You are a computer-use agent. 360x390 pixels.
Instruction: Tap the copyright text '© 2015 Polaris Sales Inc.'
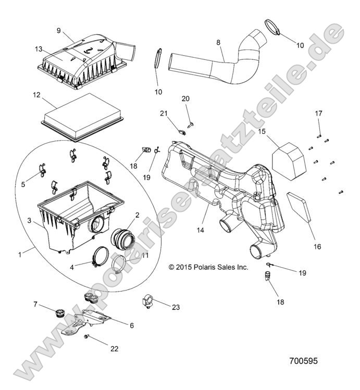[x=208, y=267]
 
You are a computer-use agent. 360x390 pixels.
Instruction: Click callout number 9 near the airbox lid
[x=59, y=30]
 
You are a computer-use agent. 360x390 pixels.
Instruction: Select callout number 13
[x=39, y=49]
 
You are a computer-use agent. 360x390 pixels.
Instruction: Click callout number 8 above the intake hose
[x=219, y=42]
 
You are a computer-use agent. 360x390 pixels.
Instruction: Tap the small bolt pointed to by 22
[x=86, y=337]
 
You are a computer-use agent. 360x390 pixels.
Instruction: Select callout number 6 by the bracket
[x=131, y=325]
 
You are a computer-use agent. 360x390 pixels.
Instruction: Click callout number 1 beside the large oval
[x=20, y=255]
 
